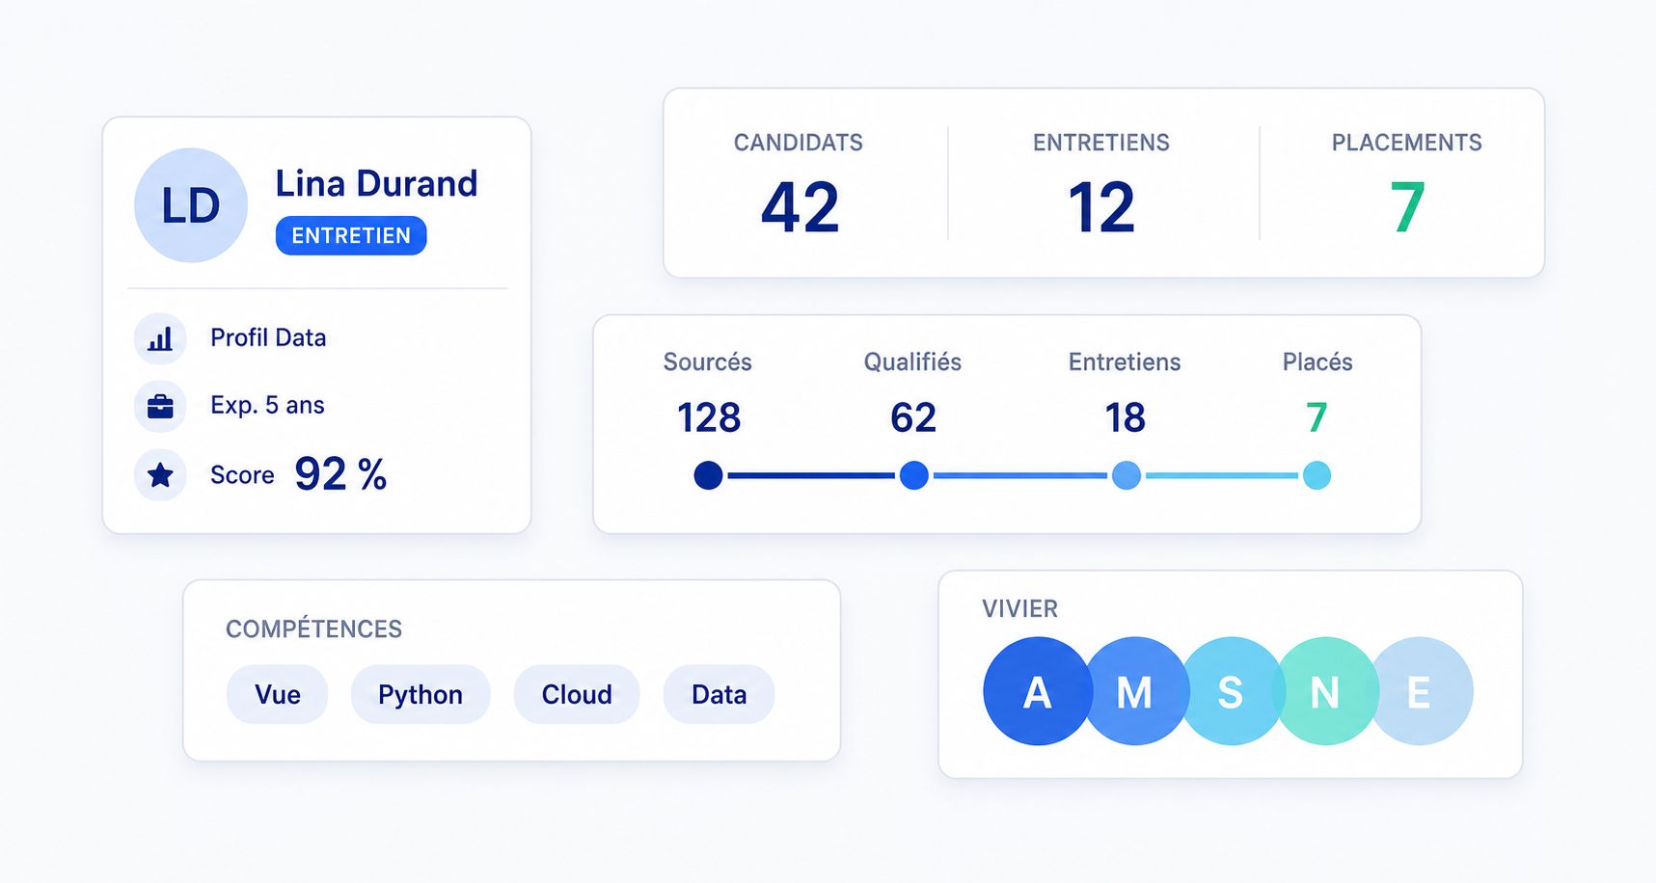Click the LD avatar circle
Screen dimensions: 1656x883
[x=191, y=205]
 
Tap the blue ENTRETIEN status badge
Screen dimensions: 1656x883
[x=351, y=235]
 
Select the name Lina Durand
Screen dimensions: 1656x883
[x=376, y=183]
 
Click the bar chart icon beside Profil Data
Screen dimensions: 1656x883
[x=160, y=338]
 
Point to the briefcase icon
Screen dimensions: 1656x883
[x=160, y=406]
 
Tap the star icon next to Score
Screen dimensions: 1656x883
[x=160, y=474]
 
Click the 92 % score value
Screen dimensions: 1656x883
[x=340, y=474]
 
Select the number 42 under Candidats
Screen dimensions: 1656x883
[x=800, y=207]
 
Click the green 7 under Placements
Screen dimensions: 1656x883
[x=1407, y=207]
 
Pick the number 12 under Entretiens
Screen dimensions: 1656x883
[x=1101, y=207]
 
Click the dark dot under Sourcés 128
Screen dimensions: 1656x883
[x=709, y=475]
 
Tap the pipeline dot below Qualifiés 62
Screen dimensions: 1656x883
[x=914, y=475]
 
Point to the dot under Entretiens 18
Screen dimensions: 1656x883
[x=1127, y=475]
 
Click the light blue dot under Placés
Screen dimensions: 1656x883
[x=1317, y=475]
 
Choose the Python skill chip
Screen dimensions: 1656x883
[x=421, y=694]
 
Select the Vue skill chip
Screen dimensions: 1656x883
[x=278, y=694]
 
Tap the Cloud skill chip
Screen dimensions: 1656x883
[x=577, y=694]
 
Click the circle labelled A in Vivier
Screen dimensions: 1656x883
[x=1037, y=691]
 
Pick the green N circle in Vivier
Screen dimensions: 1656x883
[x=1325, y=691]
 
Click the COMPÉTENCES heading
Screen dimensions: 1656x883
[x=313, y=629]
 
